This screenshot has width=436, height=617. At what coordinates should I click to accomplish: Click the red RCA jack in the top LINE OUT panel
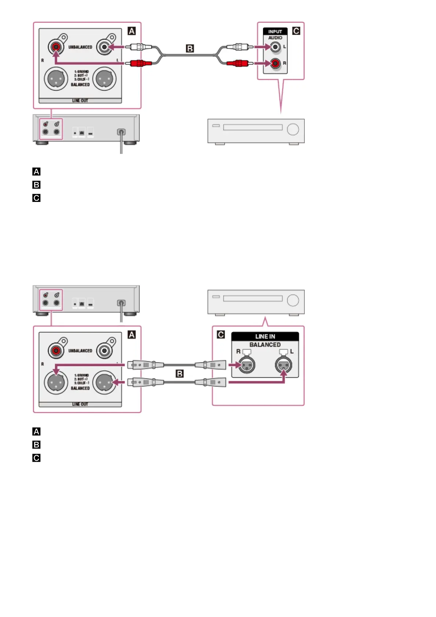[56, 47]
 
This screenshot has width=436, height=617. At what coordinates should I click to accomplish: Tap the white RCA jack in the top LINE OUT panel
[104, 47]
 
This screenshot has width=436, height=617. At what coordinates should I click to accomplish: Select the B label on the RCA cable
[190, 48]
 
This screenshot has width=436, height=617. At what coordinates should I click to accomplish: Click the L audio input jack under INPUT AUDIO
[275, 47]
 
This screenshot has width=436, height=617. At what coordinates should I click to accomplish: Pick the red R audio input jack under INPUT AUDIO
[275, 63]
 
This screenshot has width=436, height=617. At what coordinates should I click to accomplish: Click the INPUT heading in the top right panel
[275, 32]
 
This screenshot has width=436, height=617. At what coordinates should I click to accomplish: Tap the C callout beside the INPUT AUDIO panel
[296, 31]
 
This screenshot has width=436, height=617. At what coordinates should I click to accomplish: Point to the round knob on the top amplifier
[293, 129]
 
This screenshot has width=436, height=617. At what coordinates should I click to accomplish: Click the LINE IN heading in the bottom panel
[265, 336]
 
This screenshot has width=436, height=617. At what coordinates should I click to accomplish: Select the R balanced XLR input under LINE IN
[247, 365]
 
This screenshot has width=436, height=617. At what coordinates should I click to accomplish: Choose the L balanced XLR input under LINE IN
[284, 365]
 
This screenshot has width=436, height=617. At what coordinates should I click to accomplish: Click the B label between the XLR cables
[180, 374]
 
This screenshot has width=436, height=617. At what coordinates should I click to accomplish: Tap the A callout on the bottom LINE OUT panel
[132, 335]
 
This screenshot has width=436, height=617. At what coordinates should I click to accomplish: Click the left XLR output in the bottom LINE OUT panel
[56, 382]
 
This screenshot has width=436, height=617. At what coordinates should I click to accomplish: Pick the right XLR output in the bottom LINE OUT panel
[104, 382]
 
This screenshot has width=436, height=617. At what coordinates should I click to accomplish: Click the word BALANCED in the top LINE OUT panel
[80, 85]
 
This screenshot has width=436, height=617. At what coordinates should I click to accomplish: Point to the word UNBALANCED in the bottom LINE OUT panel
[80, 351]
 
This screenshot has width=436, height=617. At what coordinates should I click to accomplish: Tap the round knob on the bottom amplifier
[293, 300]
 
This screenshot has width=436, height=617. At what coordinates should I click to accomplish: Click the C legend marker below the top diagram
[36, 198]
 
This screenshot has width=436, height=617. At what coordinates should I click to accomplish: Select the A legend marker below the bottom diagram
[36, 431]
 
